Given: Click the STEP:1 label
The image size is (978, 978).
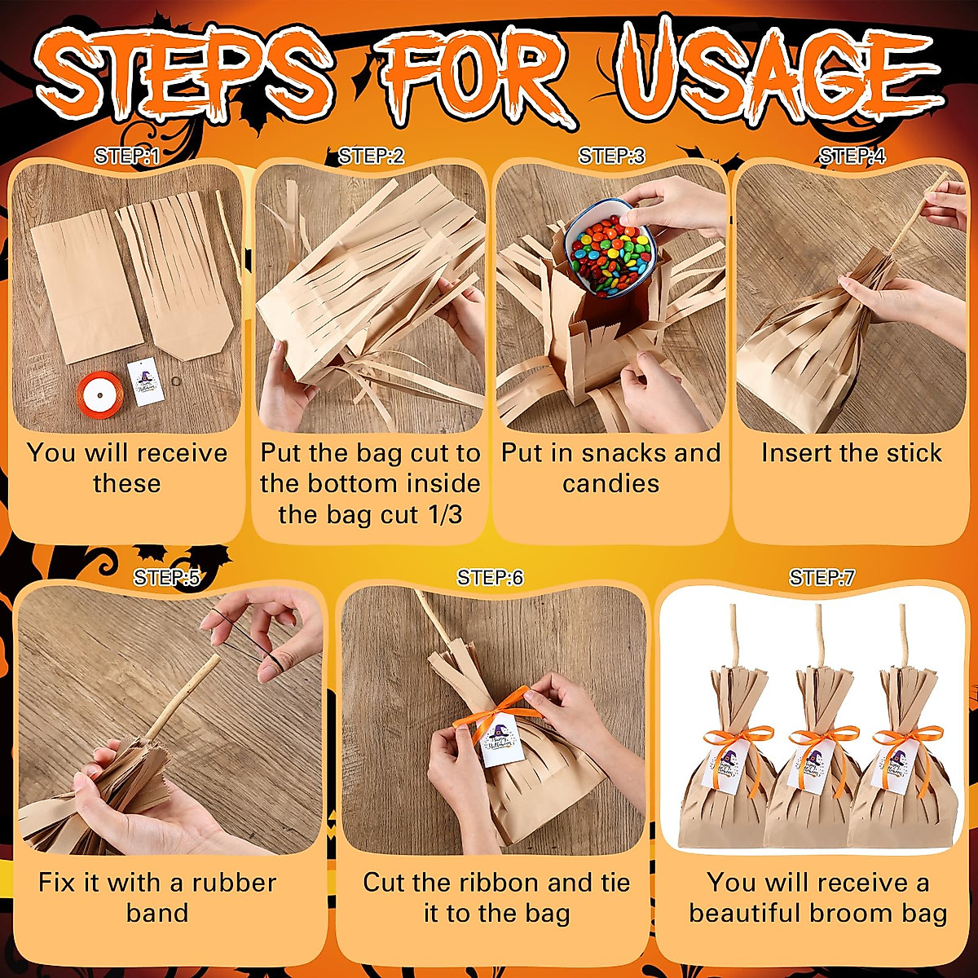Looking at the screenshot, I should [x=126, y=156].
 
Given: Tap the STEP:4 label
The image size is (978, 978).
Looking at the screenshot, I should [x=852, y=156].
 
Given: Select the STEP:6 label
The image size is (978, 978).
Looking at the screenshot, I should [x=490, y=578].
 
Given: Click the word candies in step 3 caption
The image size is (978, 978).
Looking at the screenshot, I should [x=610, y=484].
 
